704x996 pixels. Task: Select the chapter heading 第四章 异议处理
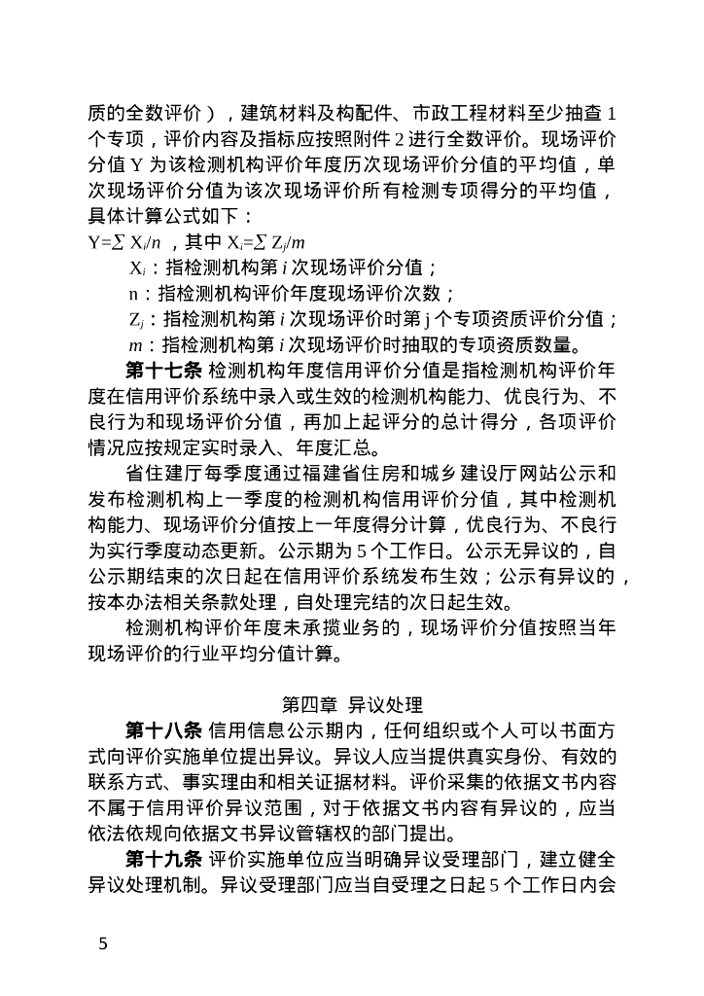coord(352,702)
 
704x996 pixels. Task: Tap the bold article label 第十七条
coord(162,372)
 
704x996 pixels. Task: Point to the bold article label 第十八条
coord(162,729)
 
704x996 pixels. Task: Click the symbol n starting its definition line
coord(134,294)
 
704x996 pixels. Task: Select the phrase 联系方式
coord(124,781)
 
